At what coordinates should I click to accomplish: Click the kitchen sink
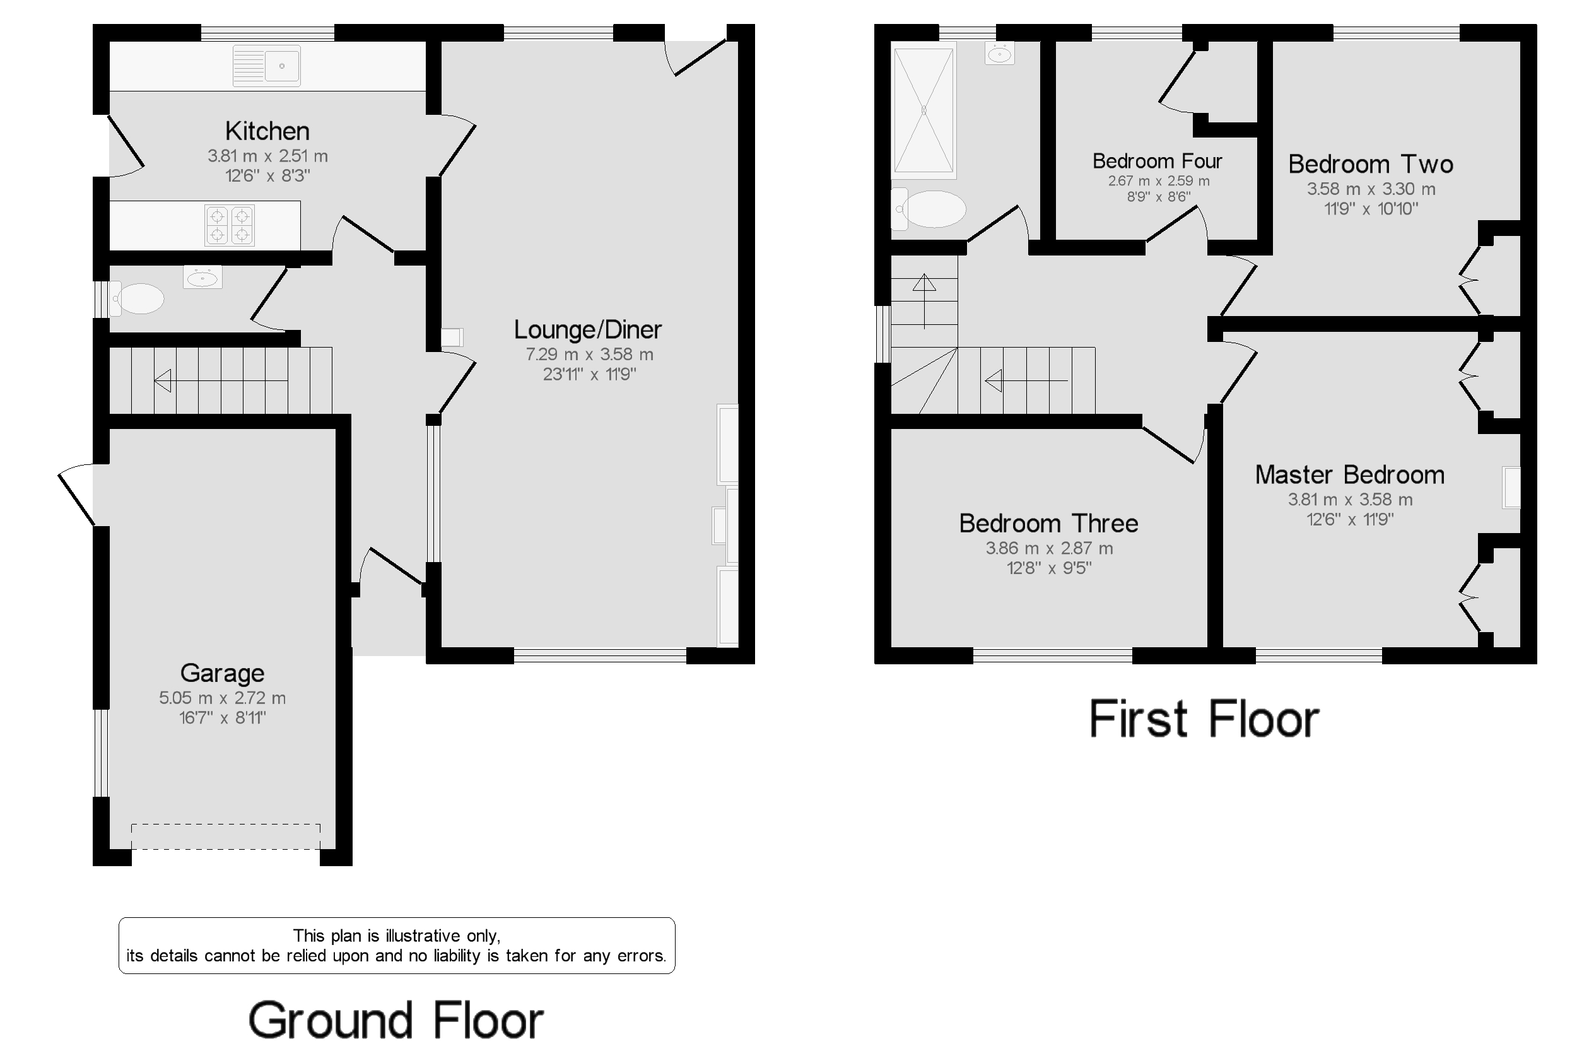coord(266,66)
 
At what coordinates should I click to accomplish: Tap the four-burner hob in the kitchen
coord(229,225)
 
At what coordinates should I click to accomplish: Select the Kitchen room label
coord(267,131)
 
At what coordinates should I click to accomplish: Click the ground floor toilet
coord(137,299)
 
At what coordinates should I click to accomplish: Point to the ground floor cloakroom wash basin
coord(202,277)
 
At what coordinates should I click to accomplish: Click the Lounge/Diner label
coord(588,329)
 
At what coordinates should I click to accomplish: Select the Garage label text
coord(223,673)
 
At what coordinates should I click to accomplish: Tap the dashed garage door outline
coord(226,837)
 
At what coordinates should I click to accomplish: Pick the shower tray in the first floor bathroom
coord(923,110)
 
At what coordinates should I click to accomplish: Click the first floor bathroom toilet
coord(929,208)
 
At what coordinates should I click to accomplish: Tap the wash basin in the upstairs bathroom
coord(999,53)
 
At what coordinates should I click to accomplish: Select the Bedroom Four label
coord(1158,161)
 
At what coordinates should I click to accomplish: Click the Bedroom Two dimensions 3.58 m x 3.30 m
coord(1371,189)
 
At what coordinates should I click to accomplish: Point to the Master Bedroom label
coord(1350,474)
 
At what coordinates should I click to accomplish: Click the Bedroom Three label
coord(1049,523)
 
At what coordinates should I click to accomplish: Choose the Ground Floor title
coord(396,1021)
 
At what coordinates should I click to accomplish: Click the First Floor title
coord(1204,719)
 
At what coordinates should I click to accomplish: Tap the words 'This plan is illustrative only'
coord(396,936)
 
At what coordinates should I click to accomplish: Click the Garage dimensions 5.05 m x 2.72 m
coord(223,698)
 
